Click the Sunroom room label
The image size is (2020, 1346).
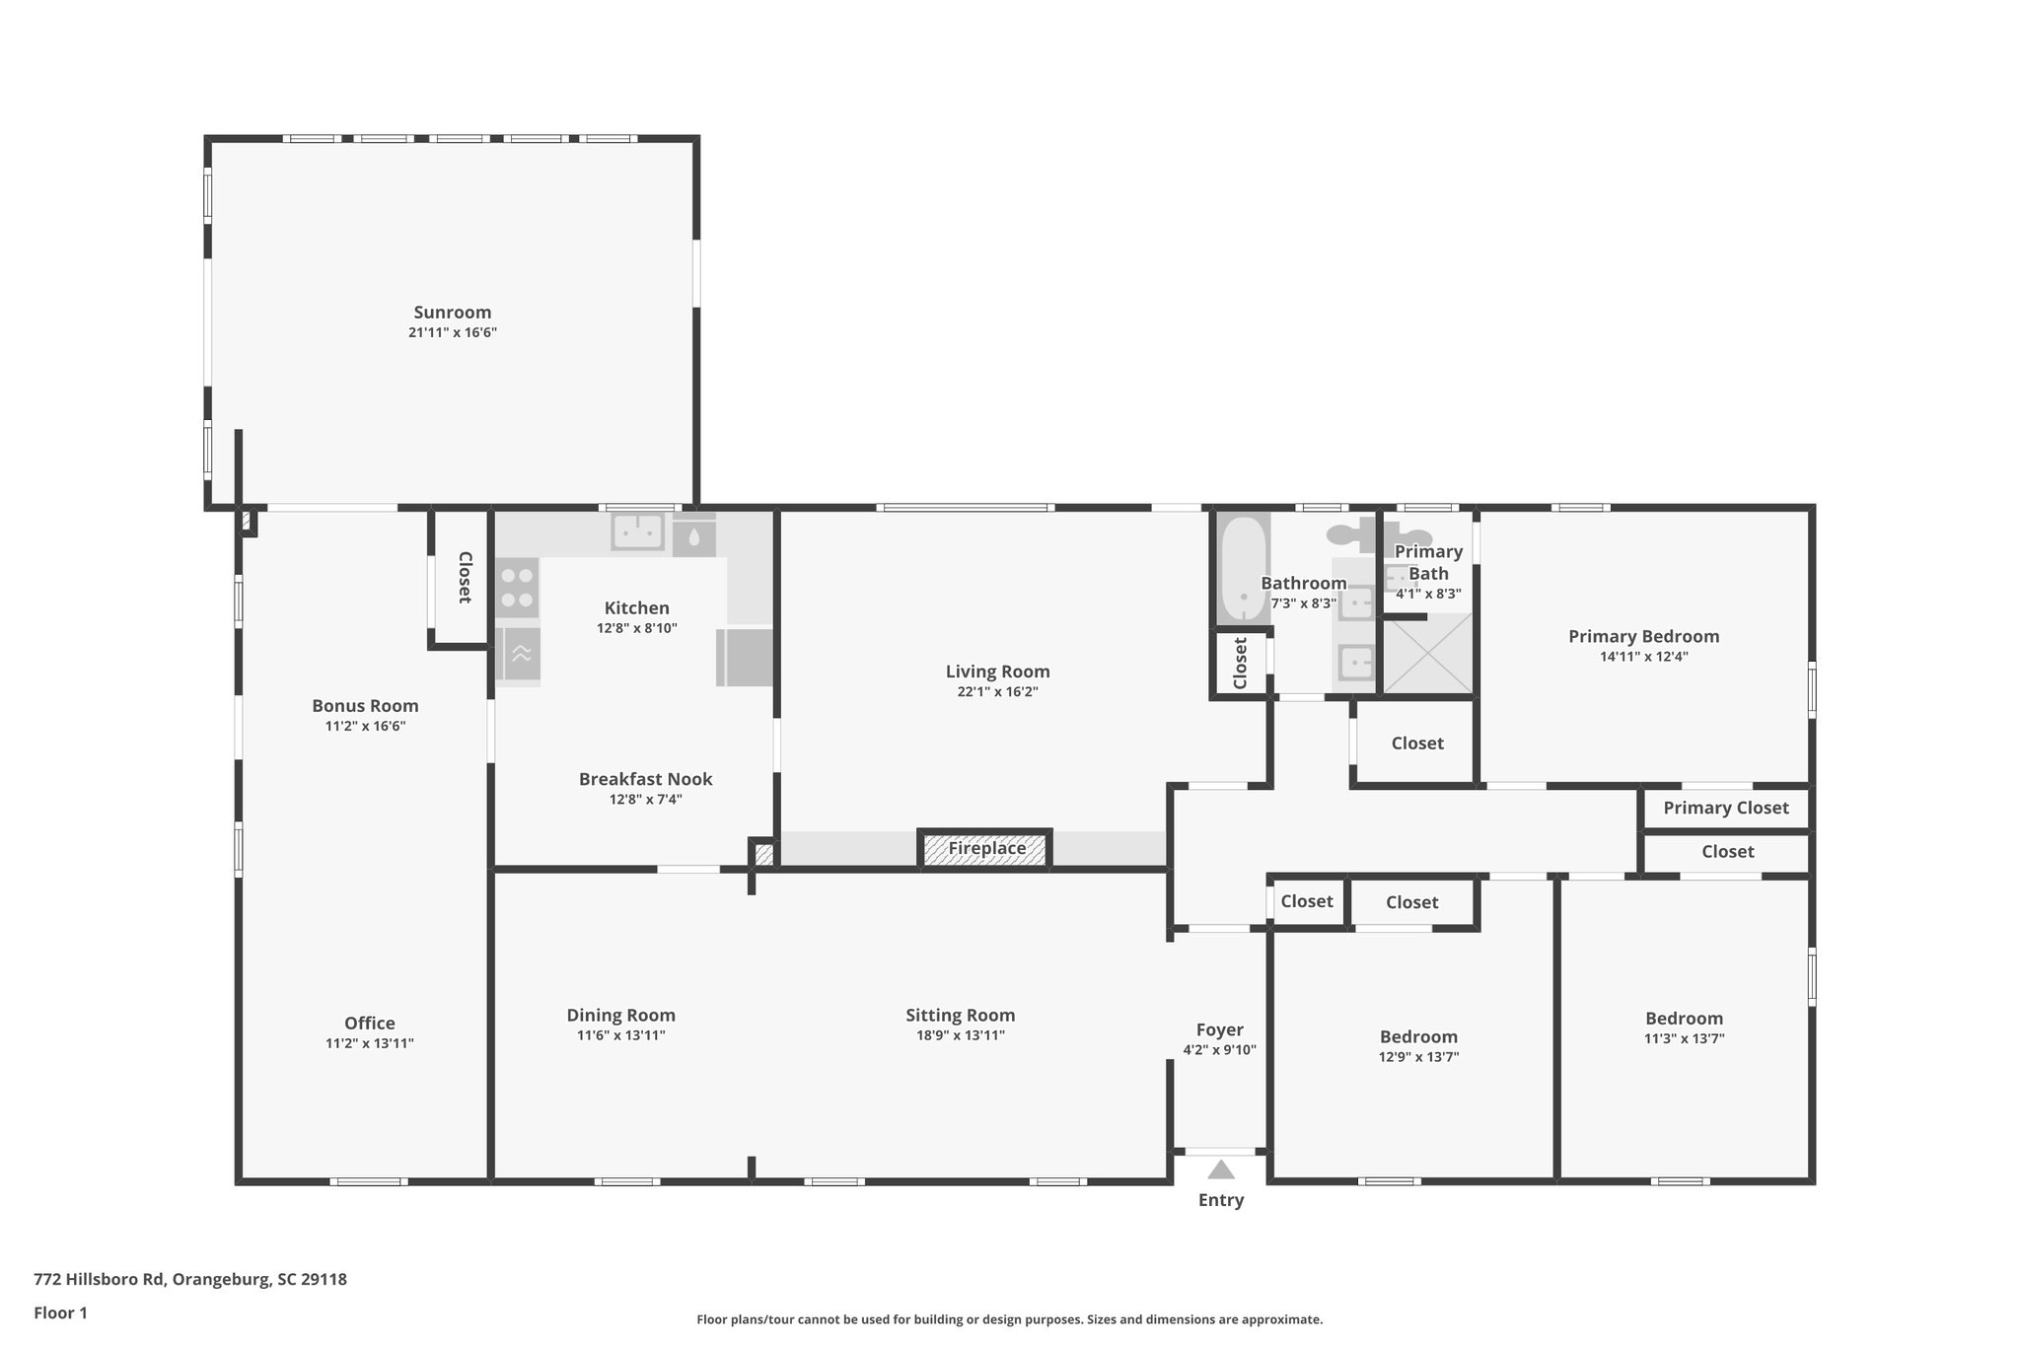coord(452,313)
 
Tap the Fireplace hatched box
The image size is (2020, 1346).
coord(986,848)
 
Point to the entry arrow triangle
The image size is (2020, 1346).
coord(1221,1170)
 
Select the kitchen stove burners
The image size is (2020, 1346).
coord(517,587)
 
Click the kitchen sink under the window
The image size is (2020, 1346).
coord(638,532)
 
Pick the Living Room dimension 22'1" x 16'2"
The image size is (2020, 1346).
coord(997,692)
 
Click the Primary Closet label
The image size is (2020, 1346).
coord(1725,808)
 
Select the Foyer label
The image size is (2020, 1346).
coord(1219,1029)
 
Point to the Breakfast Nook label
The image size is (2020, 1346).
coord(645,779)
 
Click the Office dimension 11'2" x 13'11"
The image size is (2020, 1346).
coord(369,1043)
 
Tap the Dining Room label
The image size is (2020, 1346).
coord(620,1015)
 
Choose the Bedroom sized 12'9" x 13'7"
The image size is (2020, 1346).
coord(1418,1036)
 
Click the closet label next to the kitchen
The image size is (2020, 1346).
coord(464,577)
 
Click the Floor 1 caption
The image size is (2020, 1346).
coord(60,1312)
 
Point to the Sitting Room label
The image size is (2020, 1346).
coord(960,1015)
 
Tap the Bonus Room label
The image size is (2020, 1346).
coord(365,705)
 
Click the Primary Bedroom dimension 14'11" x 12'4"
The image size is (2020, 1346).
coord(1643,657)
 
